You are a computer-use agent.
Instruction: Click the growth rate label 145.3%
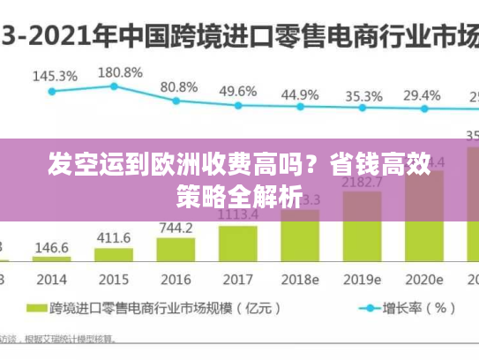[x=55, y=75]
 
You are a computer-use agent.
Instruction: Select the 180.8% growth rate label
[x=119, y=71]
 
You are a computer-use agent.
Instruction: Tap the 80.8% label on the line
[x=178, y=86]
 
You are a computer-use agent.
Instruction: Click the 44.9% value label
[x=300, y=94]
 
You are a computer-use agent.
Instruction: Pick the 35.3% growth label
[x=363, y=96]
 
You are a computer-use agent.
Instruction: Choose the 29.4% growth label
[x=422, y=95]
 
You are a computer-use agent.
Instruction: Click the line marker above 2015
[x=114, y=86]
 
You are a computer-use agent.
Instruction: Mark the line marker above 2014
[x=52, y=91]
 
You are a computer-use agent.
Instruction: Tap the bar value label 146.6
[x=52, y=247]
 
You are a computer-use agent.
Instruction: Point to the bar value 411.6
[x=114, y=237]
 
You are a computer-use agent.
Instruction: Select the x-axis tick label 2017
[x=238, y=279]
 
